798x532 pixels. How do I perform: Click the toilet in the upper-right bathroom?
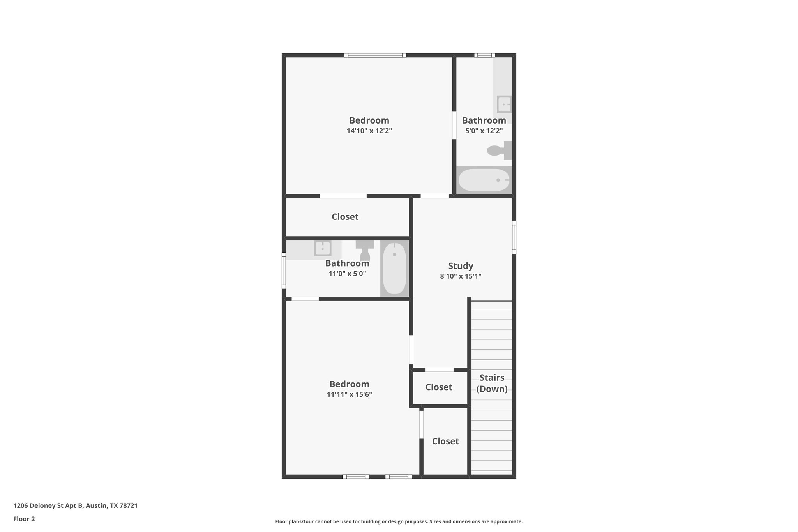pos(499,150)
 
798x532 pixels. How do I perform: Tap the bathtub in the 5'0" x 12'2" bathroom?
pos(484,180)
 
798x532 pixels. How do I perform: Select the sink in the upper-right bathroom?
pos(504,104)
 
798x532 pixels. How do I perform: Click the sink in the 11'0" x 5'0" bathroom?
pos(323,248)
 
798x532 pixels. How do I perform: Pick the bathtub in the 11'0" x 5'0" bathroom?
pos(394,268)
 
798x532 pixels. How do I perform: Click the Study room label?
pos(461,266)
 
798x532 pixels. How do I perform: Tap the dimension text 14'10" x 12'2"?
pos(369,131)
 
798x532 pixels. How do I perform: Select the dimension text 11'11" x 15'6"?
pos(349,394)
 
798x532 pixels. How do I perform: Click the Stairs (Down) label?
pos(492,383)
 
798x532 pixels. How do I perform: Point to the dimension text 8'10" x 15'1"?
pos(461,276)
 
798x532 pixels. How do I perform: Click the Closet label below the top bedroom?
pos(345,217)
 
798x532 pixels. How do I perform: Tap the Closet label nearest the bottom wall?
pos(445,441)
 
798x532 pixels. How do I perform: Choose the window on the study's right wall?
pos(514,237)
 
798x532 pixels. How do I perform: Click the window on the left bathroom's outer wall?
pos(284,271)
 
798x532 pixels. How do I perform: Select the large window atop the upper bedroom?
pos(375,55)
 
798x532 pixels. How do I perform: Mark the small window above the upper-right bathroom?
pos(484,55)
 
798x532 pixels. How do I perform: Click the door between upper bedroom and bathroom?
pos(454,125)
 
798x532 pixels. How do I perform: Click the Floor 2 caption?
pos(24,519)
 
